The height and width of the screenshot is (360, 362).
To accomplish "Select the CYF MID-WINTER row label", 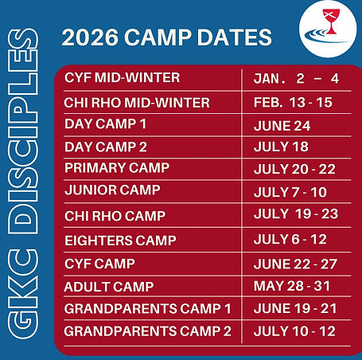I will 122,78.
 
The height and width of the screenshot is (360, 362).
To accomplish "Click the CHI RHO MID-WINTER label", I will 137,103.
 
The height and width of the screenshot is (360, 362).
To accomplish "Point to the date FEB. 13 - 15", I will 293,103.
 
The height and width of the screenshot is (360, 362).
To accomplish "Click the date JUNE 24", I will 282,126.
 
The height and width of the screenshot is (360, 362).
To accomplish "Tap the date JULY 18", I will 280,147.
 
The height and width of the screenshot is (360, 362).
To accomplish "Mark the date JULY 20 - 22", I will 294,169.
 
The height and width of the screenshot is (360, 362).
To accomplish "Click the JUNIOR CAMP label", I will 112,190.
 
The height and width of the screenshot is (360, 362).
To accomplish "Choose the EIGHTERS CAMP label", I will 120,240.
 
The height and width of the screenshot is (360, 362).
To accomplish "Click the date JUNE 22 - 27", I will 294,264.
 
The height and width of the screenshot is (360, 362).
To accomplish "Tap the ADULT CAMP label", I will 109,286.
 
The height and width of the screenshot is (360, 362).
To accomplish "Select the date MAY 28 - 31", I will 292,287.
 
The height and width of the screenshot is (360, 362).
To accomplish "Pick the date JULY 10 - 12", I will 294,331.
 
